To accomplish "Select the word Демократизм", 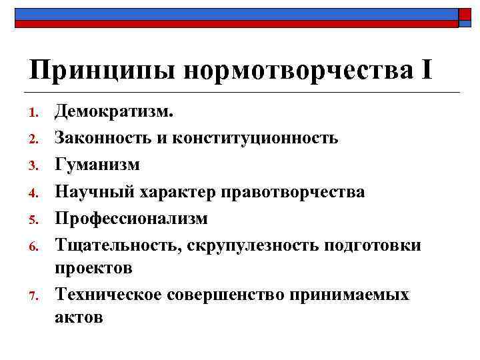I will click(114, 111).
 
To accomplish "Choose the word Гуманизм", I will click(97, 165).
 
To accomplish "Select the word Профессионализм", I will click(131, 219).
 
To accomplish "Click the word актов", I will click(79, 317).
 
